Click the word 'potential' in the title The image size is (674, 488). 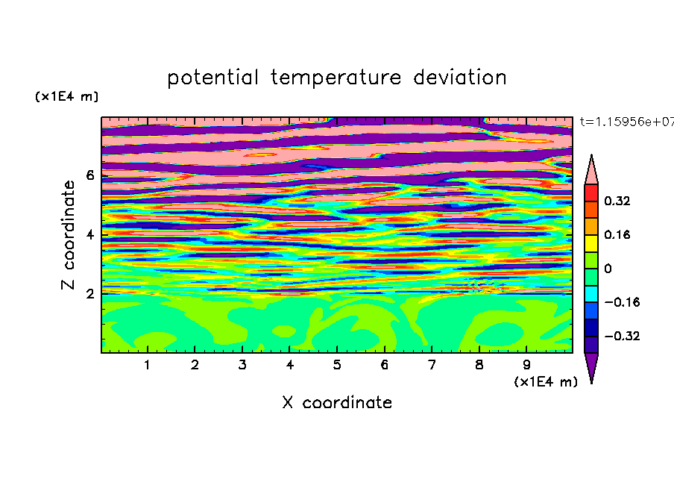(x=212, y=78)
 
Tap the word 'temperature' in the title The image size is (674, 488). (x=336, y=78)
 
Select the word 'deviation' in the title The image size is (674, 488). (x=460, y=78)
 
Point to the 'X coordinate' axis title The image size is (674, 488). (x=337, y=402)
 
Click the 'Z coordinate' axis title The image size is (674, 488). (x=69, y=235)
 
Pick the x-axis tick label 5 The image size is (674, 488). (x=337, y=365)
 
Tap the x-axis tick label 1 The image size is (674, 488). (x=147, y=365)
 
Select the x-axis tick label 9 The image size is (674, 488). (x=526, y=365)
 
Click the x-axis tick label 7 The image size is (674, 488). (x=432, y=365)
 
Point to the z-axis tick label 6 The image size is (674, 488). (x=89, y=175)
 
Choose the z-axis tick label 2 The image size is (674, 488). (x=89, y=294)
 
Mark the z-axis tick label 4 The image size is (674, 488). (x=89, y=235)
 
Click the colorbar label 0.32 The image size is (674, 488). (x=617, y=201)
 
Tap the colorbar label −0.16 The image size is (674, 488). (x=622, y=302)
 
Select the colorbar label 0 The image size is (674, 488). (x=608, y=269)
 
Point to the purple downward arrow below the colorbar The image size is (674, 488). (x=591, y=366)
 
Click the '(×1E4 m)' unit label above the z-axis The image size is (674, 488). (x=66, y=96)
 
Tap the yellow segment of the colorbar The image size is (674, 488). (x=591, y=243)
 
